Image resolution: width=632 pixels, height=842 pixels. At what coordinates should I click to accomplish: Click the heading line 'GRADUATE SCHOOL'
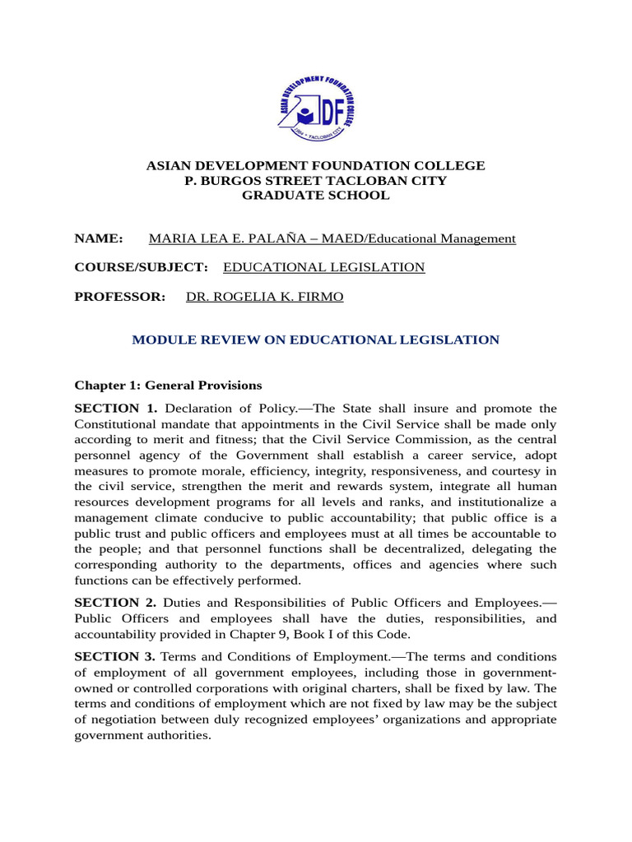315,196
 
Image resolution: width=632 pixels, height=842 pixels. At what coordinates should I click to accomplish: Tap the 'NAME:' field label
99,238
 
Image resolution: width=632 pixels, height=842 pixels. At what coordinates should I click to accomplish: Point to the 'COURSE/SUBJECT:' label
141,267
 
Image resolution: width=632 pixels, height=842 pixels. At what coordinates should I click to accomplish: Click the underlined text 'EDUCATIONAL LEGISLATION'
324,267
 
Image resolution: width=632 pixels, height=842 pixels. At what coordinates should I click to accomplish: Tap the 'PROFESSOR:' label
120,296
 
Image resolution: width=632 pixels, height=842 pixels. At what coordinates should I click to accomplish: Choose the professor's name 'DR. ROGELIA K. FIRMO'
265,296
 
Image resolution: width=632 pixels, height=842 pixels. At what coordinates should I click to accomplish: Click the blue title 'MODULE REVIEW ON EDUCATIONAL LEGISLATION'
315,340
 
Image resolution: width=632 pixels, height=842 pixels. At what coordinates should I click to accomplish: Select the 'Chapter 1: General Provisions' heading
168,385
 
